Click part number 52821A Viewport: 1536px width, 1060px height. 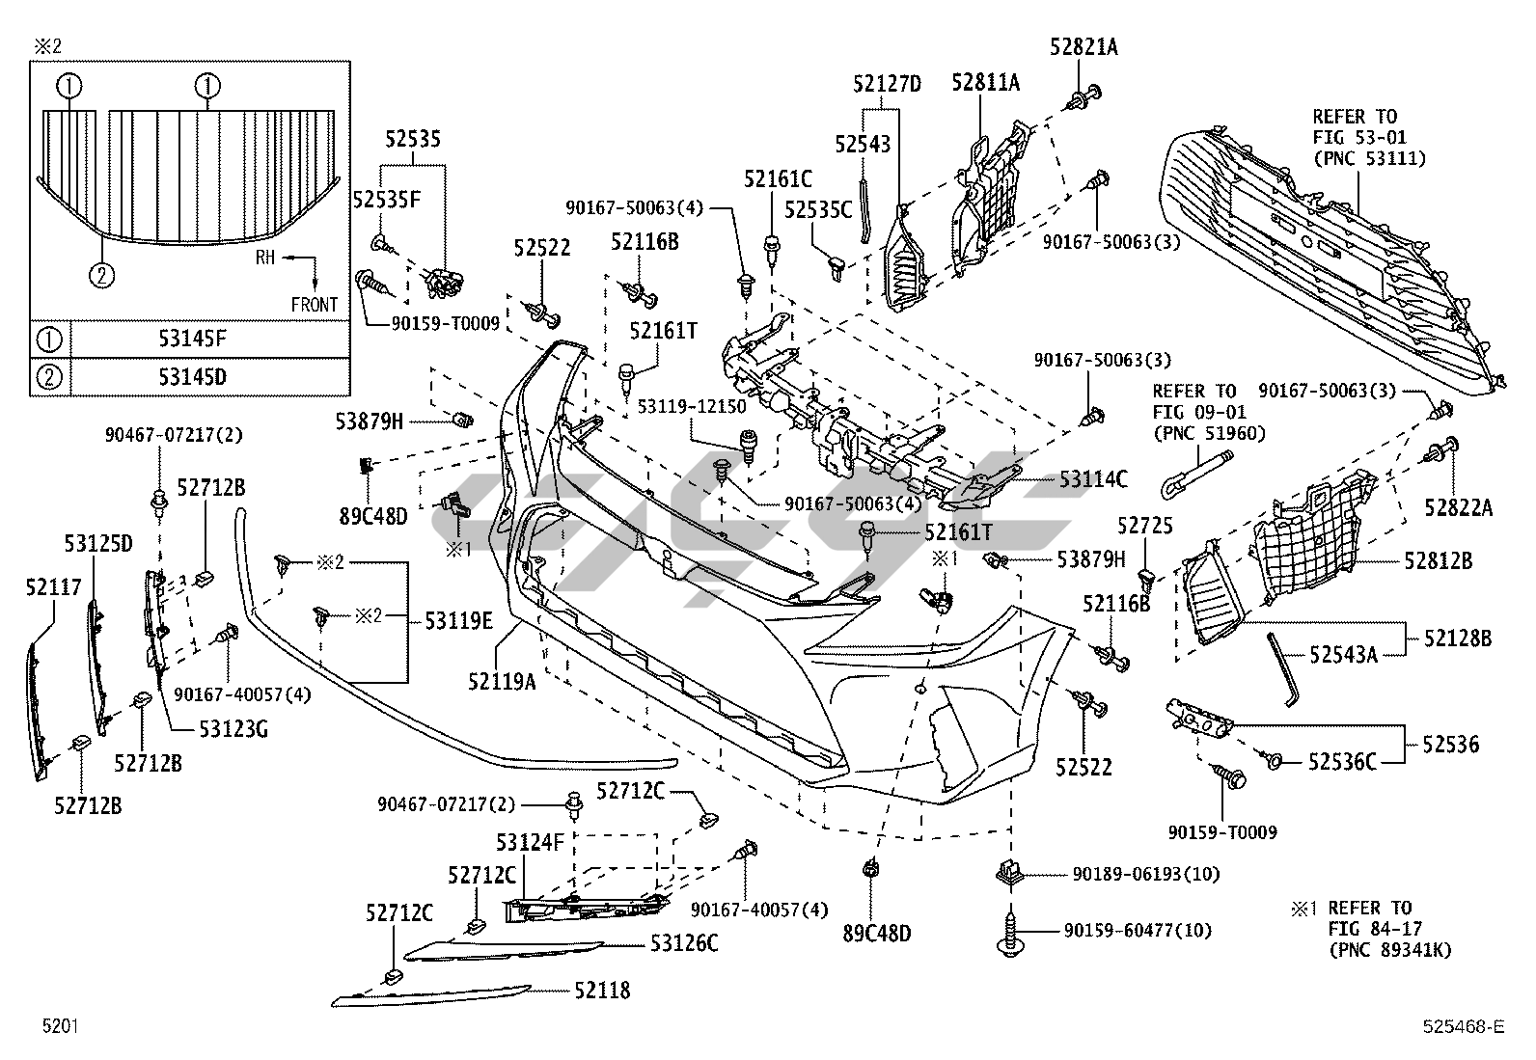[x=1083, y=46]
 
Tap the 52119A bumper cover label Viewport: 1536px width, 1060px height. [x=502, y=681]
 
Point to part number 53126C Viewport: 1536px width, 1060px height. [x=684, y=943]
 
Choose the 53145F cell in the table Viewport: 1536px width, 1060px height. [x=193, y=339]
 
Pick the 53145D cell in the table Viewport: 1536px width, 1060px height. [x=193, y=376]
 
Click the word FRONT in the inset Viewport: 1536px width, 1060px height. [x=315, y=305]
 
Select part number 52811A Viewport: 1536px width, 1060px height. [x=985, y=82]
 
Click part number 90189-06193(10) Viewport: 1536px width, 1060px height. [x=1145, y=875]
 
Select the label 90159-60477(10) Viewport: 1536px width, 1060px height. [x=1138, y=931]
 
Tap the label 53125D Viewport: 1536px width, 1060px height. [x=98, y=544]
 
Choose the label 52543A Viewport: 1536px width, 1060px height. [x=1343, y=655]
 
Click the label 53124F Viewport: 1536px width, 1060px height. [x=530, y=843]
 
